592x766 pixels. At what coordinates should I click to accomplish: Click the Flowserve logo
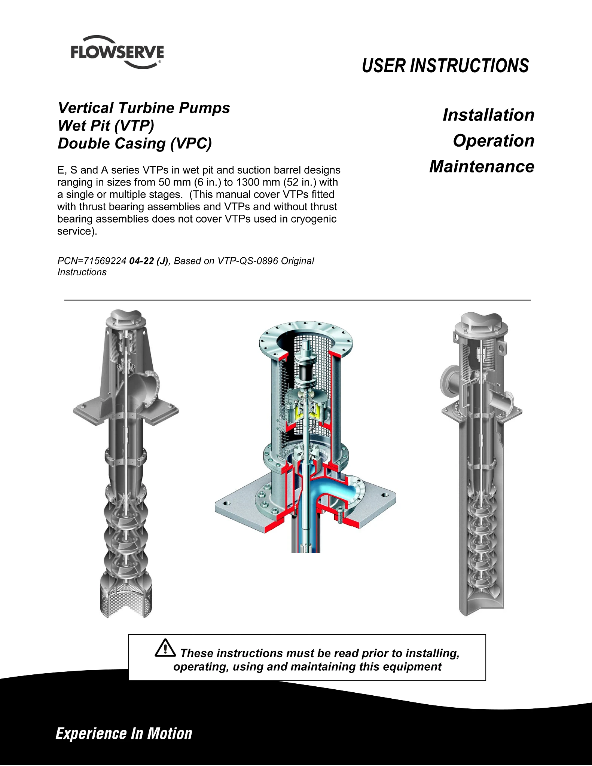pos(117,52)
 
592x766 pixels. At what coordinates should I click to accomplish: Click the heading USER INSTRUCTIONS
pos(445,66)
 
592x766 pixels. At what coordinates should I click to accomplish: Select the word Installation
pos(488,115)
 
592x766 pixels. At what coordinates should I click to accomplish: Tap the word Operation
pos(494,141)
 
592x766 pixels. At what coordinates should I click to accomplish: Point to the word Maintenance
pos(482,166)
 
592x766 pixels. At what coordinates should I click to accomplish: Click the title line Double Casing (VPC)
pos(135,144)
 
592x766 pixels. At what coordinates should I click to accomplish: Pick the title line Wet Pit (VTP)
pos(106,126)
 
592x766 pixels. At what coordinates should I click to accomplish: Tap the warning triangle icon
pos(165,648)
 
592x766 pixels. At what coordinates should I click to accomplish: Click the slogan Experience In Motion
pos(124,734)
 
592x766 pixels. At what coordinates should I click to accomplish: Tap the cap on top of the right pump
pos(481,322)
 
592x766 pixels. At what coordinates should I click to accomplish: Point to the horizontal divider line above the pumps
pos(297,300)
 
